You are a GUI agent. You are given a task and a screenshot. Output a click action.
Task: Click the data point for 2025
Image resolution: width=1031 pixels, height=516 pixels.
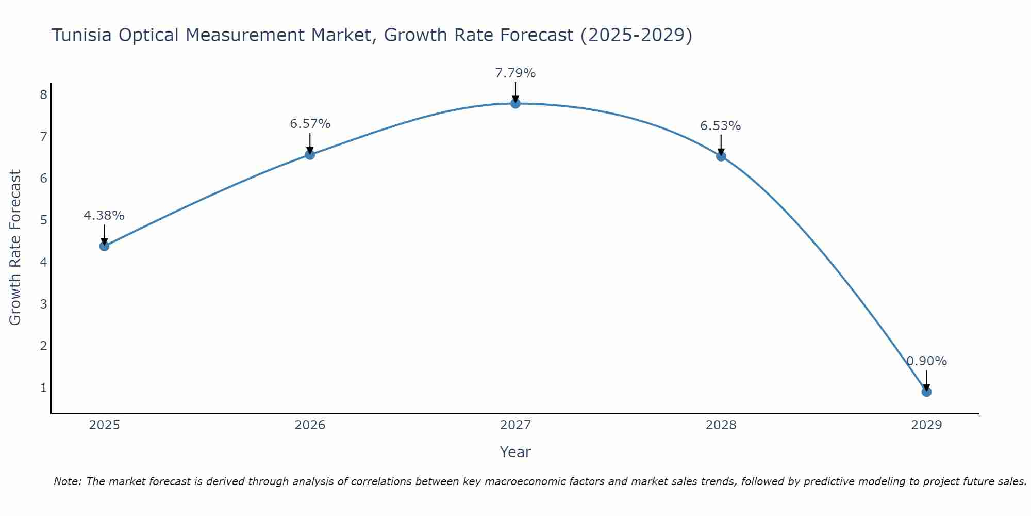pos(104,246)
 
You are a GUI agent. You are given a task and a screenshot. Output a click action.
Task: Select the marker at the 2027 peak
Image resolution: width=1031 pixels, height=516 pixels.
pos(515,103)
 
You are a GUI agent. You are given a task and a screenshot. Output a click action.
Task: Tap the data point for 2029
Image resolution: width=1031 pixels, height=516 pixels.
pos(926,392)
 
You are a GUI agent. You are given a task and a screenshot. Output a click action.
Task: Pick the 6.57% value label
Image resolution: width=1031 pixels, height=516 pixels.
pos(310,124)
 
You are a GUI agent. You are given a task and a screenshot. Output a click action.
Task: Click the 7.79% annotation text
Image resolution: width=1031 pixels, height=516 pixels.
pos(515,73)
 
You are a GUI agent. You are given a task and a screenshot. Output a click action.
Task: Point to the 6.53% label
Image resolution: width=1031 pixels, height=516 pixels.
pos(720,126)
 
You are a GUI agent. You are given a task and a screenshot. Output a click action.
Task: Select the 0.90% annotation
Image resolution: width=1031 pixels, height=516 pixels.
pos(926,361)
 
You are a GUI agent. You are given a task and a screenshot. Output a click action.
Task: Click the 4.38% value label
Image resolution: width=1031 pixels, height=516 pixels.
pos(104,216)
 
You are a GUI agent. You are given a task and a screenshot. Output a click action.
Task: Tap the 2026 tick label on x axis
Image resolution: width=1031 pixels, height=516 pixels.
pos(310,425)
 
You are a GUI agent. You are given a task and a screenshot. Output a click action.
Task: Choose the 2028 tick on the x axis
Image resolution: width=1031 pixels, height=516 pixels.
pos(721,425)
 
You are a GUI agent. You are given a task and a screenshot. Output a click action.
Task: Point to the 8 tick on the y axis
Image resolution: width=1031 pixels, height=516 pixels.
pos(44,94)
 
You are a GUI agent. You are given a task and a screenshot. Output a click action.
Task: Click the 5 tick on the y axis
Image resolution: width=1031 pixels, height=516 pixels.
pos(44,220)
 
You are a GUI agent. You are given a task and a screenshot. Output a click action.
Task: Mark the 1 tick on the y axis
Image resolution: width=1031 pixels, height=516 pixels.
pos(44,388)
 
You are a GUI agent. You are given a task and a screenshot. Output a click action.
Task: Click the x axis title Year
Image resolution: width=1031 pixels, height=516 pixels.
pos(515,452)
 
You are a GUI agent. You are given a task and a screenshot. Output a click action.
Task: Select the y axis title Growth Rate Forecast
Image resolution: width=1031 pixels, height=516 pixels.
pos(15,248)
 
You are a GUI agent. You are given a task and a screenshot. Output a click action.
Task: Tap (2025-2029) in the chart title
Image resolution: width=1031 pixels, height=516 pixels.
pos(636,35)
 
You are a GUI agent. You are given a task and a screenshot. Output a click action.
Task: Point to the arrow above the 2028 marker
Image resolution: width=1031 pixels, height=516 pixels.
pos(721,145)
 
